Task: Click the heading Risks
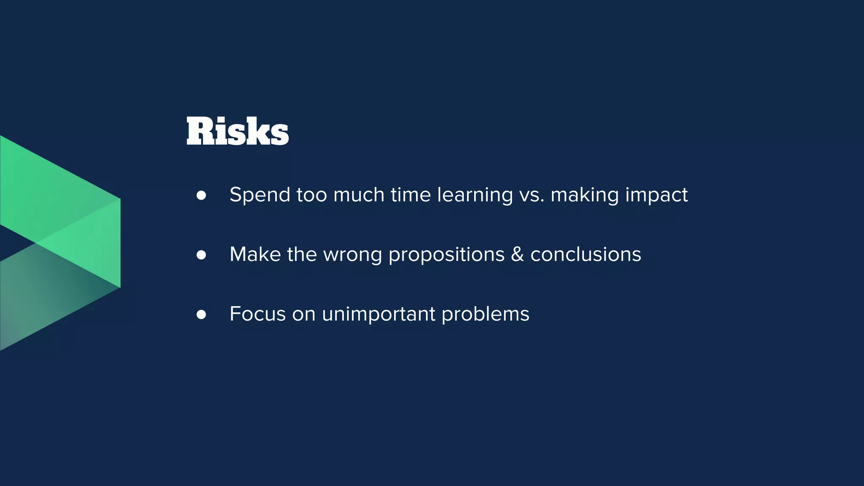[x=238, y=132]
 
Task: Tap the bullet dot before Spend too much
[x=201, y=195]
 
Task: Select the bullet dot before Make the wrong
[x=201, y=255]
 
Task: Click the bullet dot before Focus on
[x=201, y=314]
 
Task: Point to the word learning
[x=475, y=195]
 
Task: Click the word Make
[x=255, y=255]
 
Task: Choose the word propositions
[x=446, y=255]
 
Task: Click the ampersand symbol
[x=517, y=255]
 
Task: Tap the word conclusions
[x=586, y=255]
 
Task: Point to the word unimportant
[x=378, y=314]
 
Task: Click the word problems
[x=485, y=314]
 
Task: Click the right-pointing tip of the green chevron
[x=119, y=243]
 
